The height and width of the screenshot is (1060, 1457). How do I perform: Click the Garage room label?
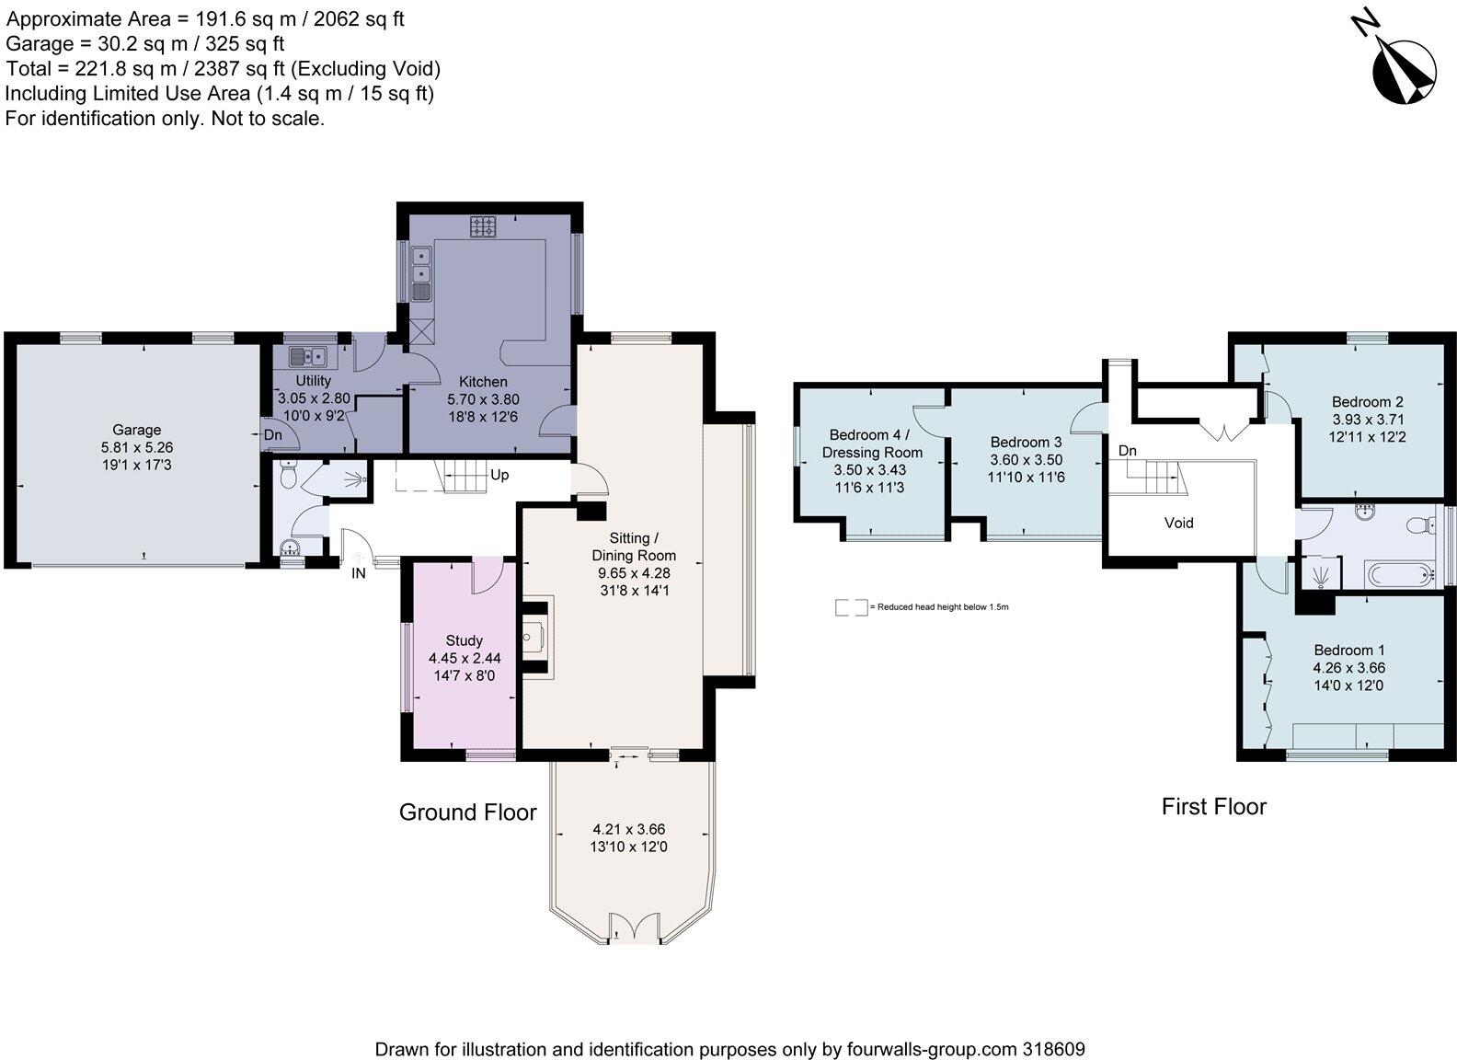point(136,430)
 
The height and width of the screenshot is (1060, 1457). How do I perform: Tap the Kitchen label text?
point(483,381)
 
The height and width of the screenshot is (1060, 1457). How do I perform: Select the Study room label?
point(464,640)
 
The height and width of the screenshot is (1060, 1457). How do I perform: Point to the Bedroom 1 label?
point(1349,650)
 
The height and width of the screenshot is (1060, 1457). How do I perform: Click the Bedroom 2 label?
point(1367,401)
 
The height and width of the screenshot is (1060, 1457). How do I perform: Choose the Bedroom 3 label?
point(1026,442)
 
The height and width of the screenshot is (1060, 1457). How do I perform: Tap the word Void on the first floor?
point(1178,523)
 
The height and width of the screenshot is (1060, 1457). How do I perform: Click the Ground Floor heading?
point(467,812)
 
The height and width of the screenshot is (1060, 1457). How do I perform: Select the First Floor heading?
point(1214,807)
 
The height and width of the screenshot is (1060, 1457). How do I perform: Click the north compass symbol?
point(1405,75)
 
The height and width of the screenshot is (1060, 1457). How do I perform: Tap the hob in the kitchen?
point(483,226)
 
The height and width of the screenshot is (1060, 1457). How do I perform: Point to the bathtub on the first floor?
point(1399,576)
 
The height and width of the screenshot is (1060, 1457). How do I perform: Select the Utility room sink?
point(307,357)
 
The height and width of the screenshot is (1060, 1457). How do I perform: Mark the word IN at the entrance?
point(359,573)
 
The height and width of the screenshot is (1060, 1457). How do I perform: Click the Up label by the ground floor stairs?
point(499,475)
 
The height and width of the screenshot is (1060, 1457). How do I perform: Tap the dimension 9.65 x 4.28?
point(634,573)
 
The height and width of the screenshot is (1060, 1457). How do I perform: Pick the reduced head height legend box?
point(852,607)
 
